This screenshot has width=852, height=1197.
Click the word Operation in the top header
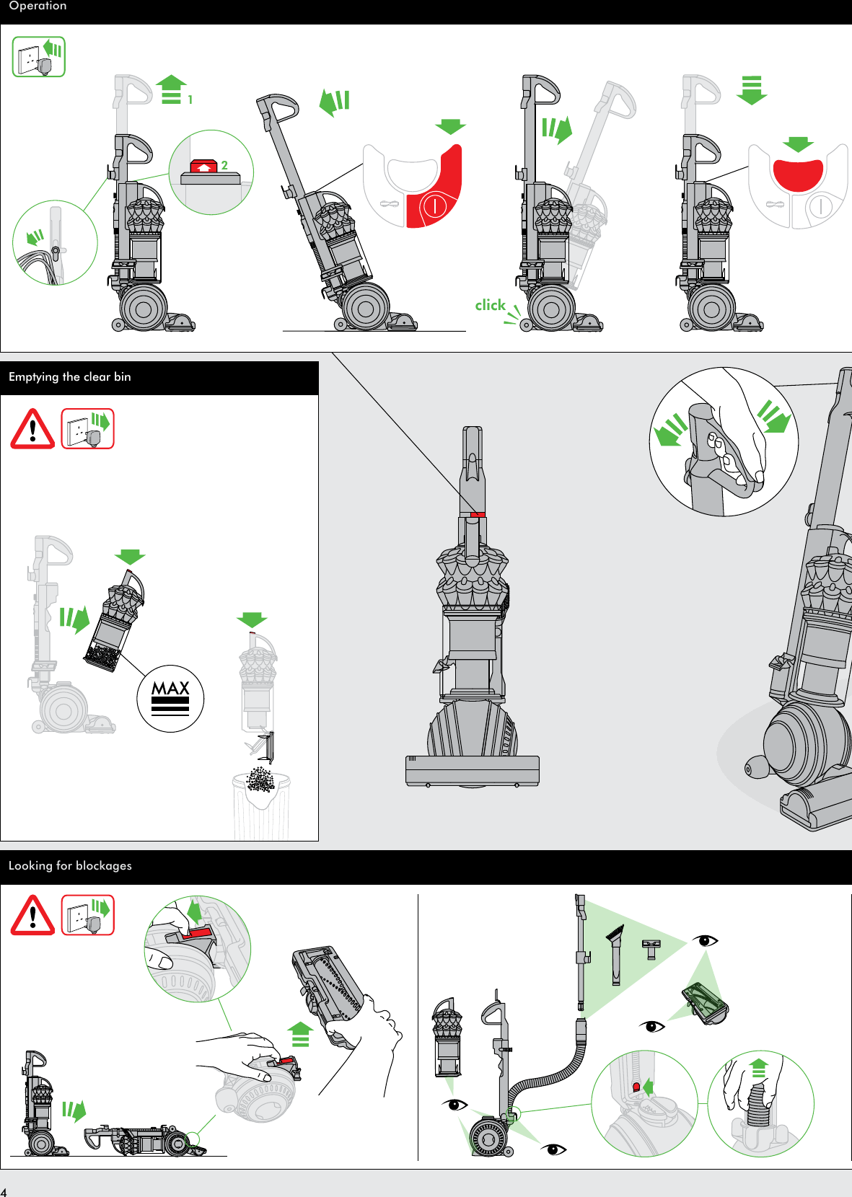coord(38,6)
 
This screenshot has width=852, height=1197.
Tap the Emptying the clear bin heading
coord(70,377)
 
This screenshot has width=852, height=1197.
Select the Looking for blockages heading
coord(70,866)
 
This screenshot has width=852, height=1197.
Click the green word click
coord(491,305)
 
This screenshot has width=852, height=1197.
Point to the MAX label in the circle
coord(170,689)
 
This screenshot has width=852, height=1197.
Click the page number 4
coord(4,1192)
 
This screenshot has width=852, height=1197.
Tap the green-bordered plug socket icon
coord(39,57)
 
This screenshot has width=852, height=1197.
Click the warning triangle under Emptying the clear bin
coord(32,430)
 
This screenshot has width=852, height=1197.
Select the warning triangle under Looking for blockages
coord(32,916)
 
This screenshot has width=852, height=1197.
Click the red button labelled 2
coord(204,167)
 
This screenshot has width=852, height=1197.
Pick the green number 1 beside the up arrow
coord(190,100)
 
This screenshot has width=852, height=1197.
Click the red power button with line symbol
coord(435,206)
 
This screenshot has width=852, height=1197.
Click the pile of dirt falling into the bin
coord(260,780)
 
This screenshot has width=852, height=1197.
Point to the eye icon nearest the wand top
coord(705,940)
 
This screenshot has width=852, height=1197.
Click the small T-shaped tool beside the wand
coord(651,949)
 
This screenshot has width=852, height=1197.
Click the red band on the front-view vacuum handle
coord(477,515)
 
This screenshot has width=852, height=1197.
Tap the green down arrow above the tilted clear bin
coord(130,557)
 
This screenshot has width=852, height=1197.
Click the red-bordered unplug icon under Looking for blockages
coord(88,916)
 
